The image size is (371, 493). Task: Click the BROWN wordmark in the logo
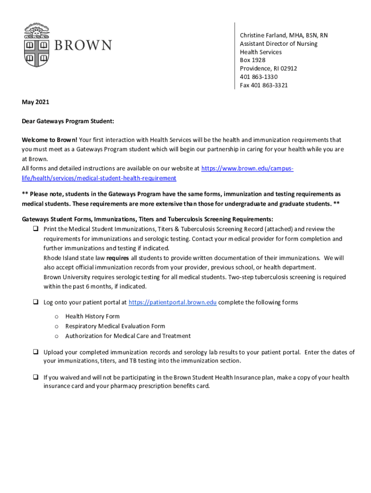click(82, 46)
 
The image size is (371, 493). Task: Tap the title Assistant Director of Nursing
click(278, 44)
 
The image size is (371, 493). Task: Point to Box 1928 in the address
click(252, 60)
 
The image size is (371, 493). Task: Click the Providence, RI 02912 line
click(268, 68)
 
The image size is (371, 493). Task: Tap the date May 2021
click(36, 102)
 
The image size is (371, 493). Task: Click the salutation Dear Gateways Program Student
click(68, 122)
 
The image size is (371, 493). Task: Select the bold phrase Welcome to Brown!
click(50, 140)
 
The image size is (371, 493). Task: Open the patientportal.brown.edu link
click(172, 302)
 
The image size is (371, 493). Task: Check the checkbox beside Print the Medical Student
click(36, 229)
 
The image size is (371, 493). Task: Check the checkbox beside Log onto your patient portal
click(36, 302)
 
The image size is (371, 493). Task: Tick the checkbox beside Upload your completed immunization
click(36, 352)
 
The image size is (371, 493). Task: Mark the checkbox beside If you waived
click(36, 377)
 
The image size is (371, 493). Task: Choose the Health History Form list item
click(93, 316)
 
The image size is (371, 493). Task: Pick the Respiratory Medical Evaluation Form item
click(115, 326)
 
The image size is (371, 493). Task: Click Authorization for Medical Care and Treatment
click(128, 336)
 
